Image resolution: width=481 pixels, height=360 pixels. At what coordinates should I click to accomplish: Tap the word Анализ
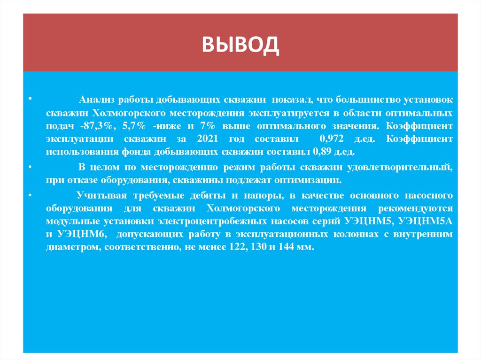[x=96, y=100]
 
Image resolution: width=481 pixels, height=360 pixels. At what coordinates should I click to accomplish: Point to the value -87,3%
[x=93, y=126]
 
